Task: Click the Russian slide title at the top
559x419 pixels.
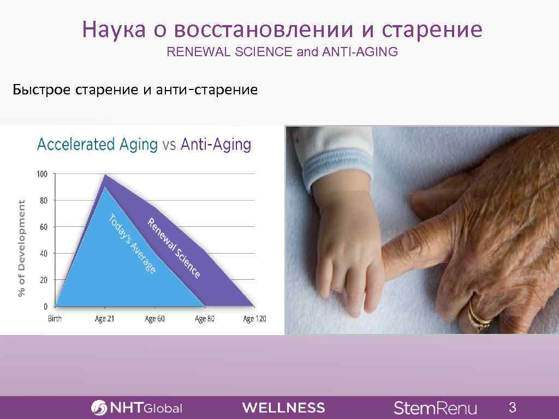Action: [x=282, y=30]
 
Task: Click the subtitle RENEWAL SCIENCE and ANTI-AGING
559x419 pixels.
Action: [x=282, y=53]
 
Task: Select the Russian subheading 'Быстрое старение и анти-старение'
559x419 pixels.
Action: [x=135, y=89]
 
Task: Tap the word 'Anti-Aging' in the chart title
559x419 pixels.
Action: [x=216, y=145]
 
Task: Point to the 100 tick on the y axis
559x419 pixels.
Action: [x=42, y=174]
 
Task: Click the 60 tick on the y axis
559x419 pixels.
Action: [x=43, y=227]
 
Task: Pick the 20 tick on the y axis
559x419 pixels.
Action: [x=43, y=280]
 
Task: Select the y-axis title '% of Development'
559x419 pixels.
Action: [x=22, y=248]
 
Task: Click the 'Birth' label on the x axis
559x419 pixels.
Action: [x=55, y=319]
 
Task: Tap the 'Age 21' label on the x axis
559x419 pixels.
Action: [x=104, y=319]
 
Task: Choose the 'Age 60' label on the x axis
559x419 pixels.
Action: [x=154, y=319]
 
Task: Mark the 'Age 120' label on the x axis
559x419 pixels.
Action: [x=254, y=319]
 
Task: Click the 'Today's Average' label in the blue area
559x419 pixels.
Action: [x=132, y=244]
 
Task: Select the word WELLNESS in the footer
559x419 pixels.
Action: [x=283, y=408]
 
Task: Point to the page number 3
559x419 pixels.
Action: [x=512, y=407]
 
